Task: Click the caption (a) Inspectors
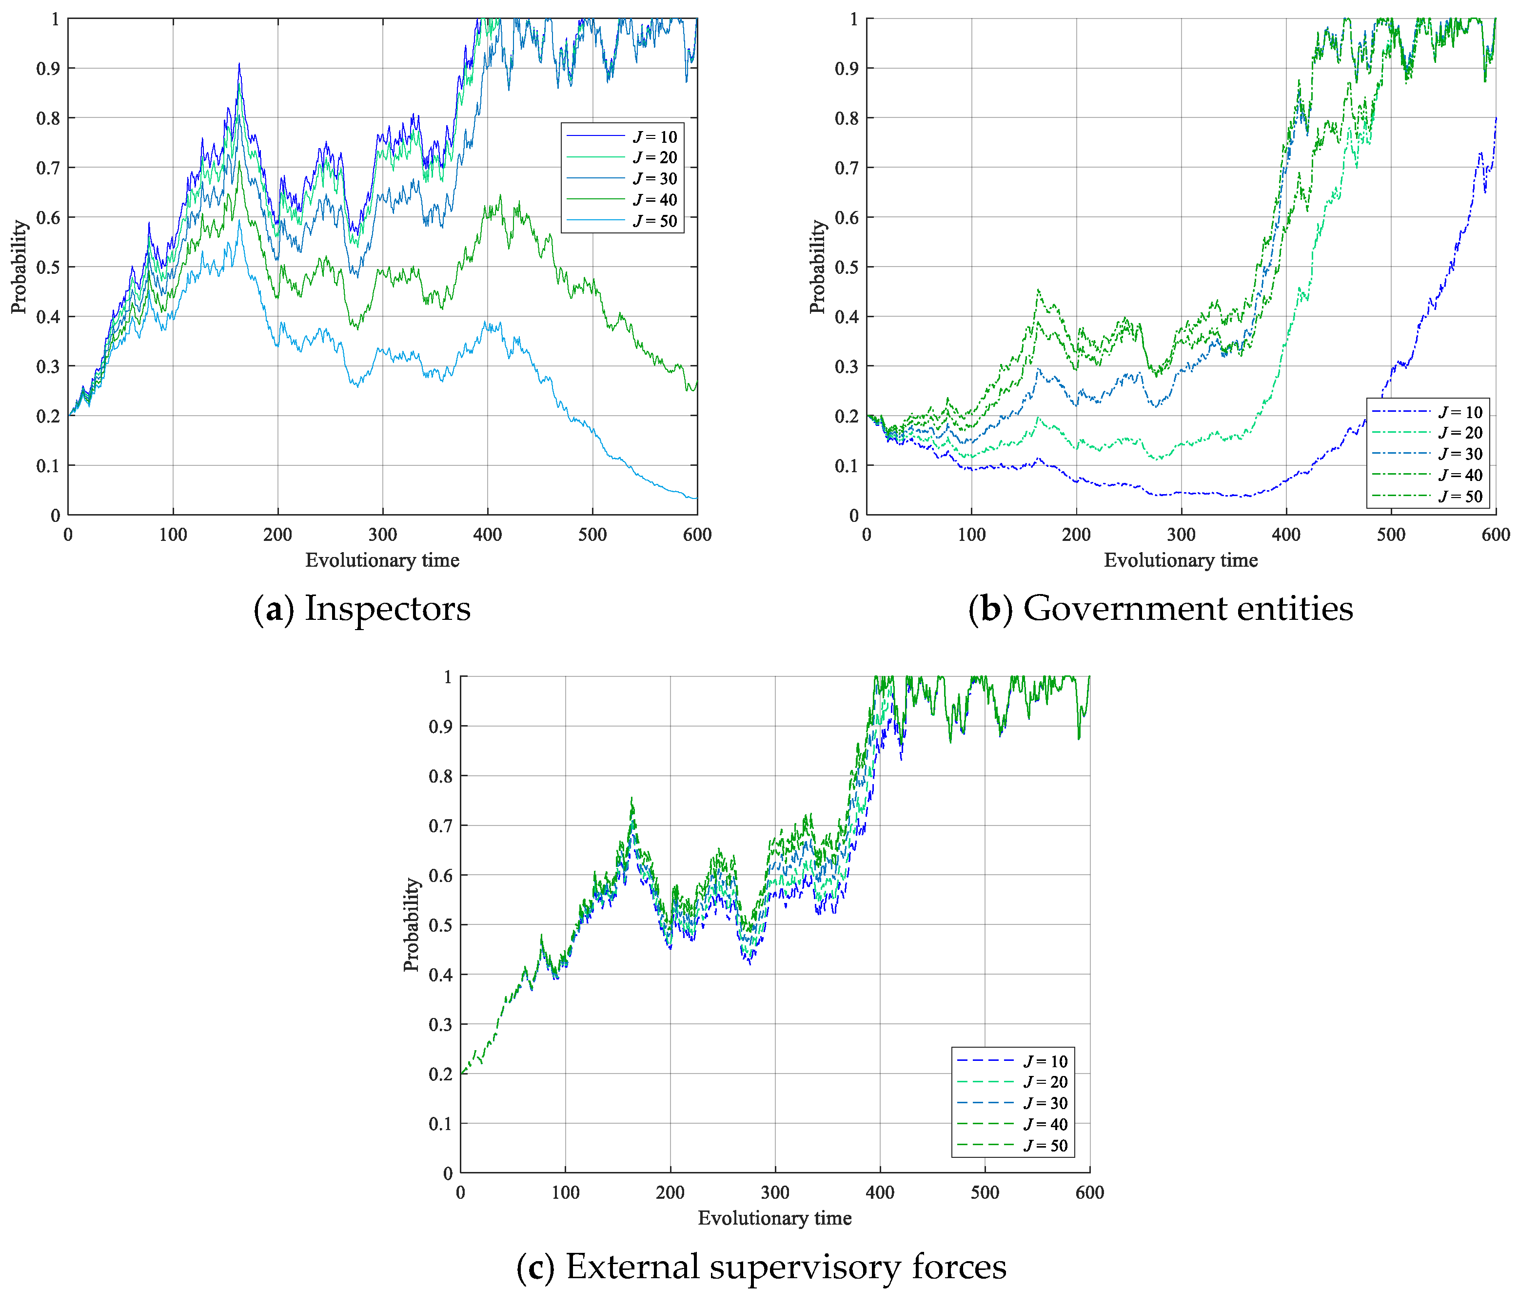(x=362, y=609)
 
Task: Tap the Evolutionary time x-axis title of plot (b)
(x=1180, y=560)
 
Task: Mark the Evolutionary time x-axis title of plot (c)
(x=774, y=1218)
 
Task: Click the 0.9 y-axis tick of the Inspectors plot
(x=48, y=69)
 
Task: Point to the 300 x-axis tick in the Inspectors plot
(x=382, y=535)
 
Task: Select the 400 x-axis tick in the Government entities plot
(x=1286, y=535)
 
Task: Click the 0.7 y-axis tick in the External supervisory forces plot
(x=440, y=826)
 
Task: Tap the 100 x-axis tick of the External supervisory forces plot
(x=565, y=1192)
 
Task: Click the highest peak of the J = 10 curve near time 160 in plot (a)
(x=239, y=64)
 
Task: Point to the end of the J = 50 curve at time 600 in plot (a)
(x=696, y=499)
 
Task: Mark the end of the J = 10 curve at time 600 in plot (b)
(x=1495, y=118)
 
